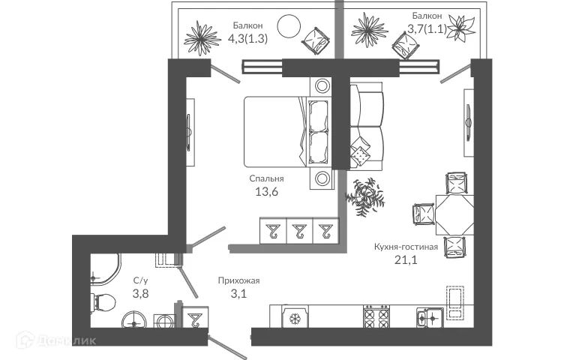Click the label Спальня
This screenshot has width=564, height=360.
[x=266, y=179]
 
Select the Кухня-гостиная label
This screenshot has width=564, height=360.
[x=405, y=247]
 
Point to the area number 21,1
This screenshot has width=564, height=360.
[x=405, y=260]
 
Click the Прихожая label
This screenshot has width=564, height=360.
[x=238, y=280]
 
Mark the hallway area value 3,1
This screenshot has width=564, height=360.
[x=238, y=294]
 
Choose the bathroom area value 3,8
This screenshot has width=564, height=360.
[x=141, y=294]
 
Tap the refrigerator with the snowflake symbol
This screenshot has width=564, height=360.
[x=295, y=319]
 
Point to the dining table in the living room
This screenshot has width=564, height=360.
[x=454, y=214]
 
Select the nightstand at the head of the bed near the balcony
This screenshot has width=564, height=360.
[x=322, y=85]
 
